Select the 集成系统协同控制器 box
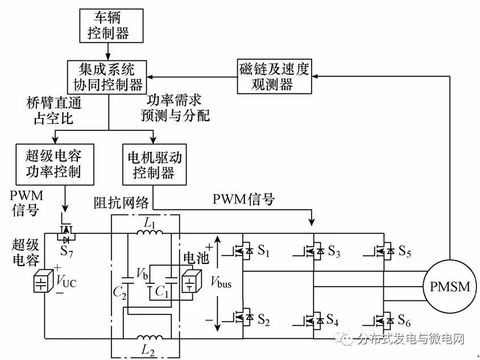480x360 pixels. click(108, 76)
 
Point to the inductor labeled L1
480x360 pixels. click(150, 233)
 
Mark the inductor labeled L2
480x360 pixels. click(150, 339)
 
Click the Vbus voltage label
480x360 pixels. click(220, 282)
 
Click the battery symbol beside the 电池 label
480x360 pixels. click(189, 283)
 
